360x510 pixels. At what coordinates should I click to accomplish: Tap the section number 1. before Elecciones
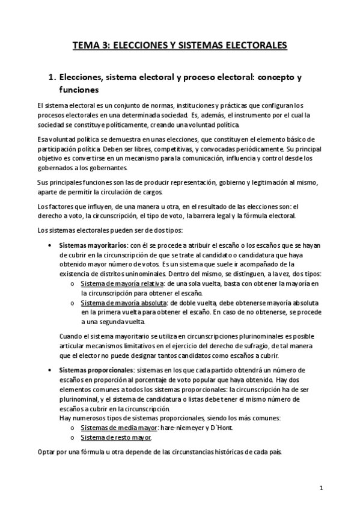(51, 78)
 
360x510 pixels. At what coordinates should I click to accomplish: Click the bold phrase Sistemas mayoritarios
(93, 245)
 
